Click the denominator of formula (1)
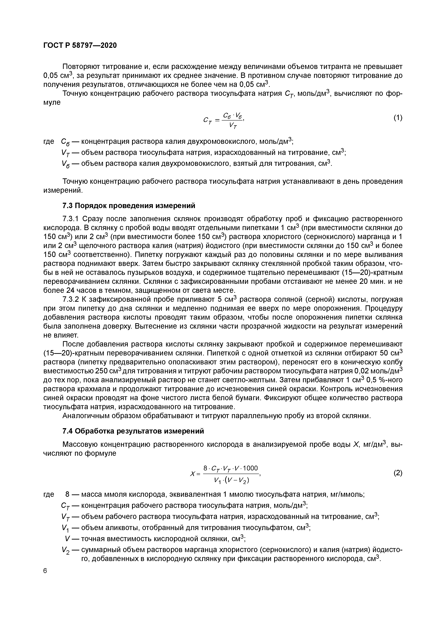(233, 126)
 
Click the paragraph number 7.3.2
(71, 300)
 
